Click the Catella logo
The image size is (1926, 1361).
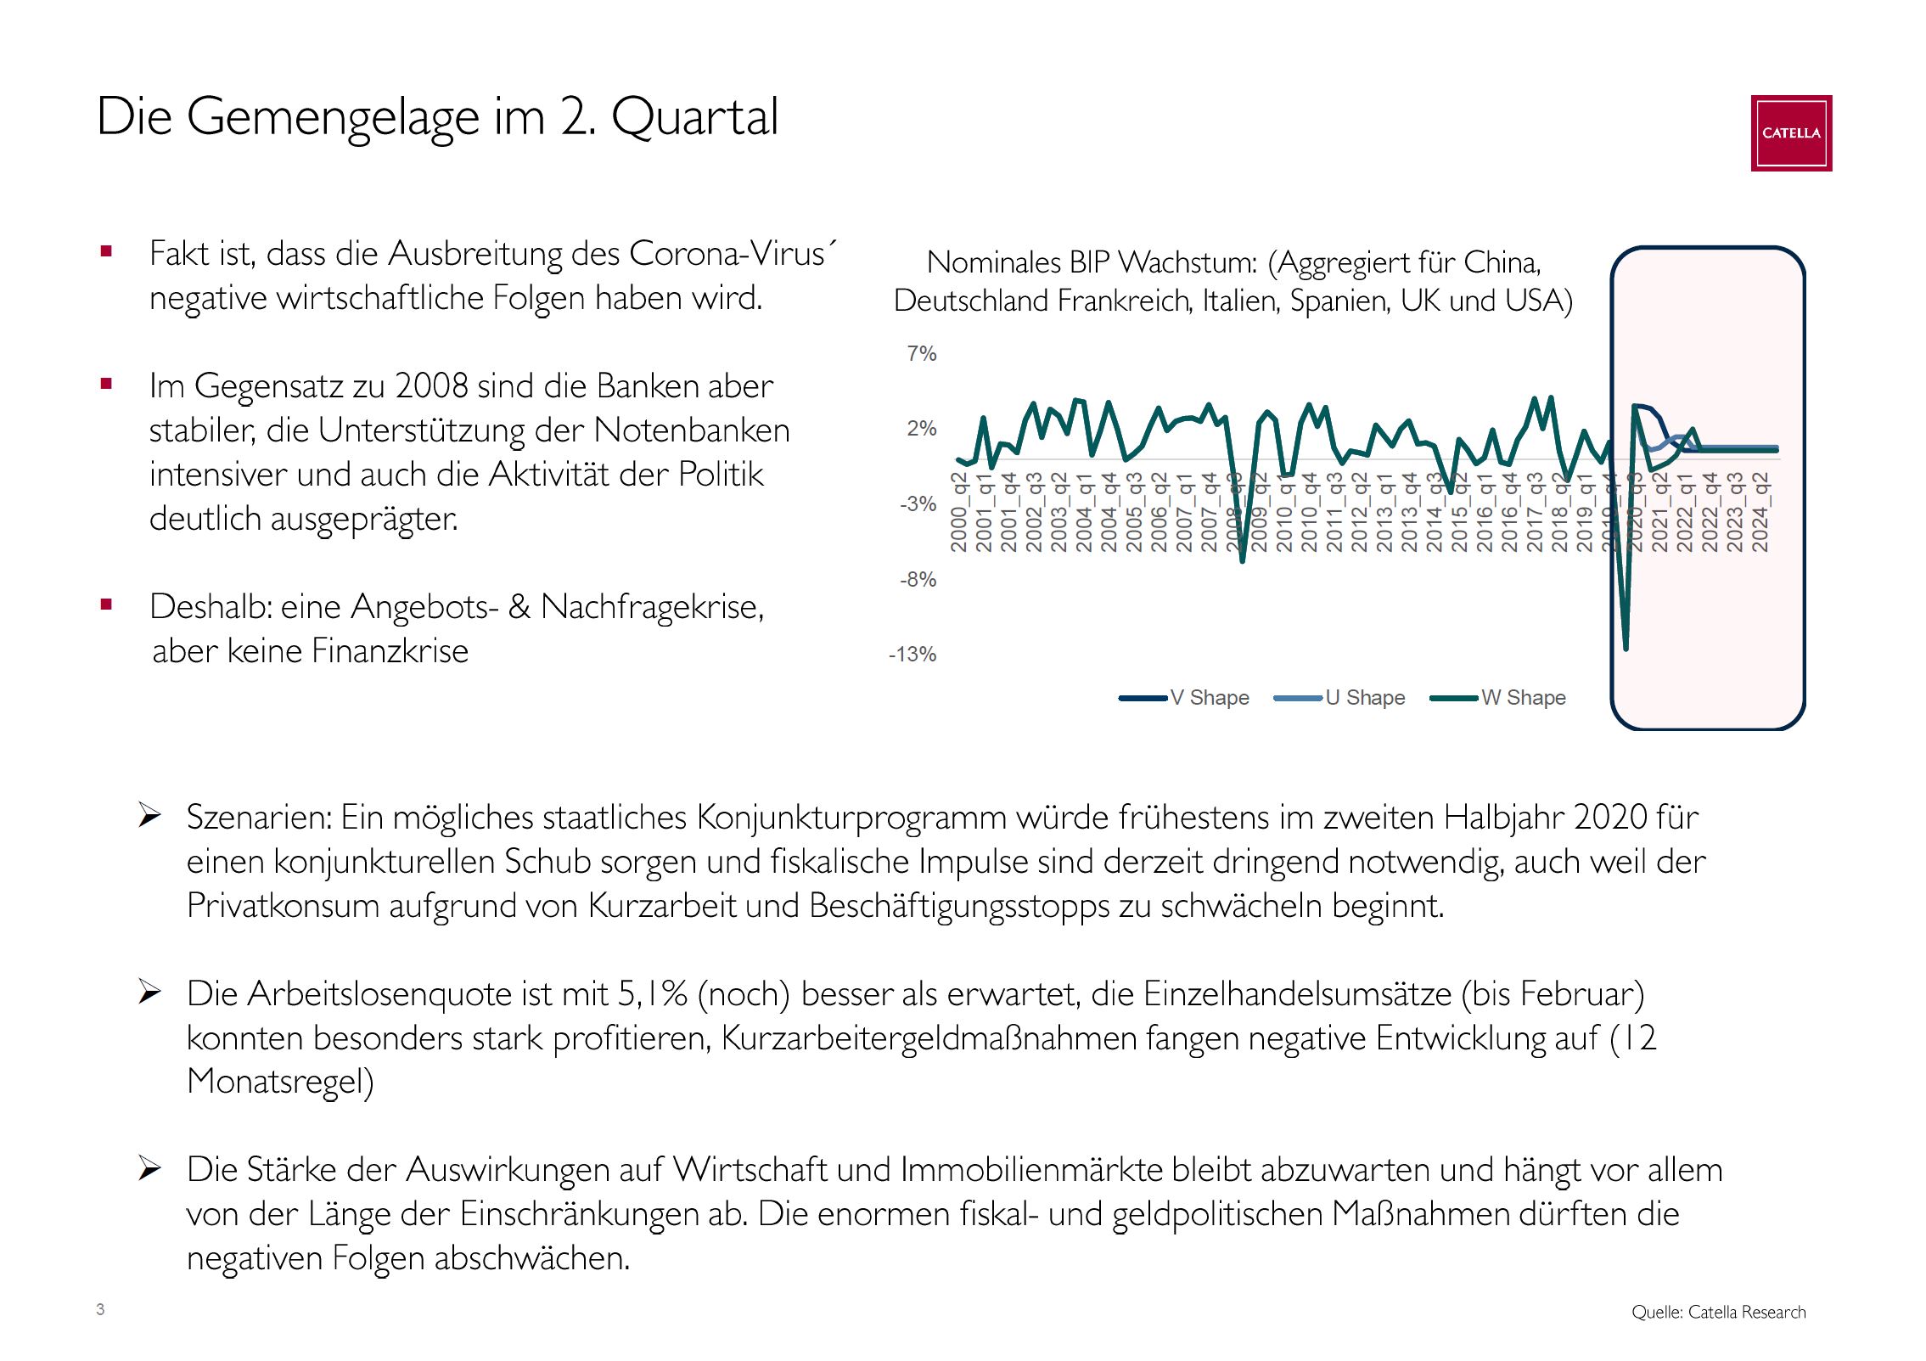point(1790,133)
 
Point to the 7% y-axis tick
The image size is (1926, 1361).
point(921,354)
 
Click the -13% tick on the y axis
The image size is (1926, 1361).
point(912,655)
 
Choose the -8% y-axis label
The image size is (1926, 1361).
point(918,580)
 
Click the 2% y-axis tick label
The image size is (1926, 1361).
point(921,429)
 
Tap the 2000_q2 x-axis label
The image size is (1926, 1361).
point(959,513)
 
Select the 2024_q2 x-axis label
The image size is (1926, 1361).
point(1760,513)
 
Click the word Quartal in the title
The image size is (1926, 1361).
point(693,117)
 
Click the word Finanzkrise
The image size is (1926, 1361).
point(390,651)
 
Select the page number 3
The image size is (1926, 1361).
point(100,1309)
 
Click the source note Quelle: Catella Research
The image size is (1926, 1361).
point(1718,1313)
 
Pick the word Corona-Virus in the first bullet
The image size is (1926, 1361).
point(727,254)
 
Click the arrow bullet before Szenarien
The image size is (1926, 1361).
point(150,816)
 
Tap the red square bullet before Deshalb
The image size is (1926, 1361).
point(106,605)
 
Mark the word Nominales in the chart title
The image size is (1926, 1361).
point(993,263)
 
